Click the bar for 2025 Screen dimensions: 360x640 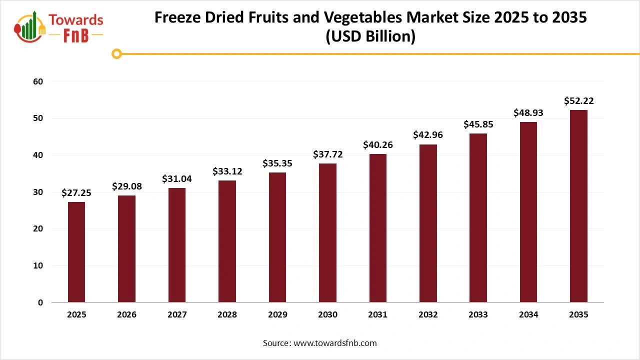(76, 252)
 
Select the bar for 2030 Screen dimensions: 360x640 (327, 233)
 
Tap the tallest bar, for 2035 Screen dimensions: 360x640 (578, 206)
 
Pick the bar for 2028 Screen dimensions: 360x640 (227, 241)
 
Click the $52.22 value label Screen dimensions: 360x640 (578, 101)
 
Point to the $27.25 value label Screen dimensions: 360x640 (76, 193)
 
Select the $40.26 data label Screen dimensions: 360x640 (377, 145)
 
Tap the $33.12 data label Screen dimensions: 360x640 (227, 171)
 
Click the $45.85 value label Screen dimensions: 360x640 (478, 124)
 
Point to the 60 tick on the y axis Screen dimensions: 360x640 (38, 81)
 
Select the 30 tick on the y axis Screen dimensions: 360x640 (38, 192)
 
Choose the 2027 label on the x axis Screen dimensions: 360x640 (177, 315)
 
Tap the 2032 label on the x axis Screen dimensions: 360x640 (428, 315)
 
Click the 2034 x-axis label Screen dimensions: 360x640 (528, 315)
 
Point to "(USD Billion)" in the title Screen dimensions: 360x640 (370, 37)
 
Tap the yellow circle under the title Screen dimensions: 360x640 (116, 53)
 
